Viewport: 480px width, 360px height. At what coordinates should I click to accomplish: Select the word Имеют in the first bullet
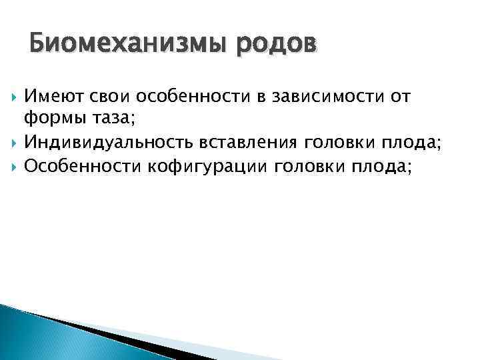(x=51, y=97)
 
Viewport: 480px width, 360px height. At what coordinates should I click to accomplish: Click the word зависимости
(x=313, y=97)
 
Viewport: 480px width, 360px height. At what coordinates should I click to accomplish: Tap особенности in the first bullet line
(x=179, y=97)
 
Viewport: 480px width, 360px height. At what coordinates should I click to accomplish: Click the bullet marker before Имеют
(x=13, y=98)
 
